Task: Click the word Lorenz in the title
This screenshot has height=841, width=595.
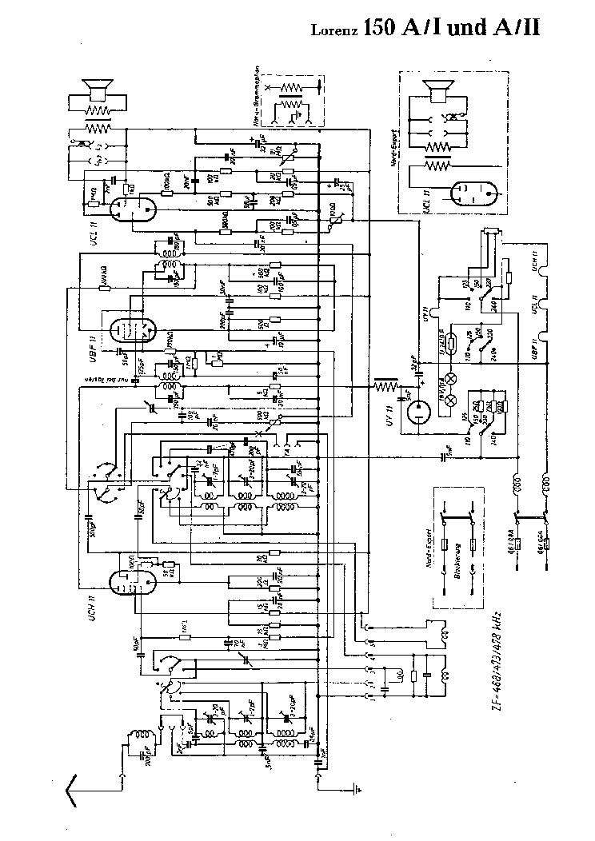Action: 333,31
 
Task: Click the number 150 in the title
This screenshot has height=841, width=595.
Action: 378,29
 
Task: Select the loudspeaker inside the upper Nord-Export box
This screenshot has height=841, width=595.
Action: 437,93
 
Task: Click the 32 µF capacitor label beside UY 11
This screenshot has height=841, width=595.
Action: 413,361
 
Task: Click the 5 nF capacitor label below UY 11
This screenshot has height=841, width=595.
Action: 452,456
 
